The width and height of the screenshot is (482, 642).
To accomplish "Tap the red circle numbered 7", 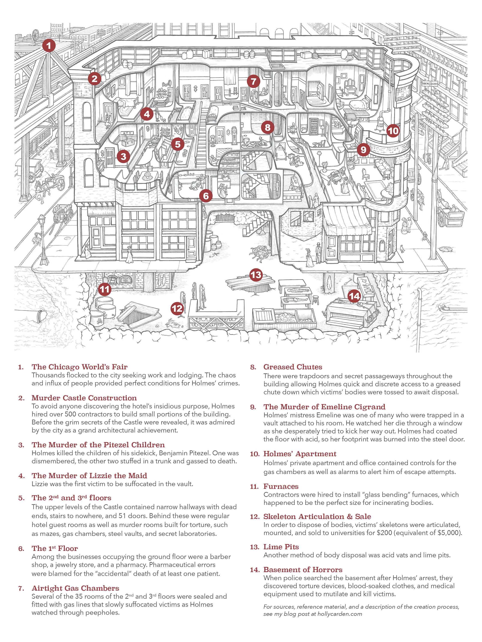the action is [x=253, y=82].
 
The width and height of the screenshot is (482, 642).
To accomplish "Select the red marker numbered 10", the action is [x=393, y=131].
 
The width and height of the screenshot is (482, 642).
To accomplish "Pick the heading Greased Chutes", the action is [x=293, y=367].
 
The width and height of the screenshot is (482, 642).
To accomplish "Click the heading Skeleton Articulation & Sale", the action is [x=317, y=516].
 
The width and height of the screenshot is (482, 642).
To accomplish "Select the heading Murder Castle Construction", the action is [x=84, y=398].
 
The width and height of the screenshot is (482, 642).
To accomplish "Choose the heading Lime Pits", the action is [x=281, y=547].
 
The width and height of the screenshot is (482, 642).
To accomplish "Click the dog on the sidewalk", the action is [x=402, y=248].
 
